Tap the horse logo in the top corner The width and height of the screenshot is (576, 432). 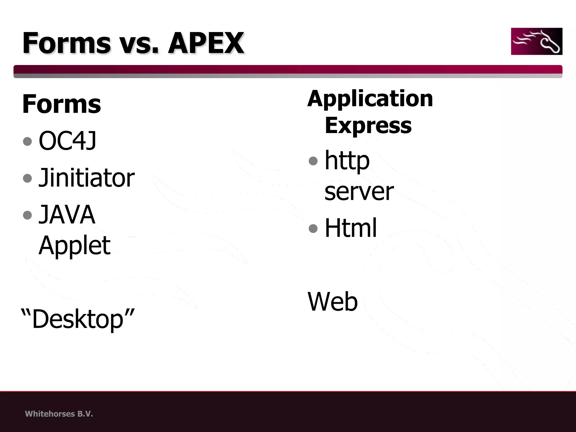click(x=536, y=41)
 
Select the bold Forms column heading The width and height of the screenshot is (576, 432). click(x=61, y=104)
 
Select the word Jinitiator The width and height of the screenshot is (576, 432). click(x=86, y=178)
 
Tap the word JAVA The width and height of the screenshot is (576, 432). click(x=67, y=214)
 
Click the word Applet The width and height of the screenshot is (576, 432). click(x=74, y=245)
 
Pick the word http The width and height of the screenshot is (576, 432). click(x=347, y=161)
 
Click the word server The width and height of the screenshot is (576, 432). click(x=359, y=191)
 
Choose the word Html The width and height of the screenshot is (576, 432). click(x=350, y=228)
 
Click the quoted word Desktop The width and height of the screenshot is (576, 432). click(x=78, y=319)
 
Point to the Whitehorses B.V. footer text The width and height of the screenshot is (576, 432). click(x=59, y=414)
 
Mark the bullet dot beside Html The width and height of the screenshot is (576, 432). click(x=313, y=228)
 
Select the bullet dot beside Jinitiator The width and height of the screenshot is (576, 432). click(x=28, y=178)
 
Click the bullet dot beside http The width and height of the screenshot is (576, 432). click(x=313, y=161)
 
